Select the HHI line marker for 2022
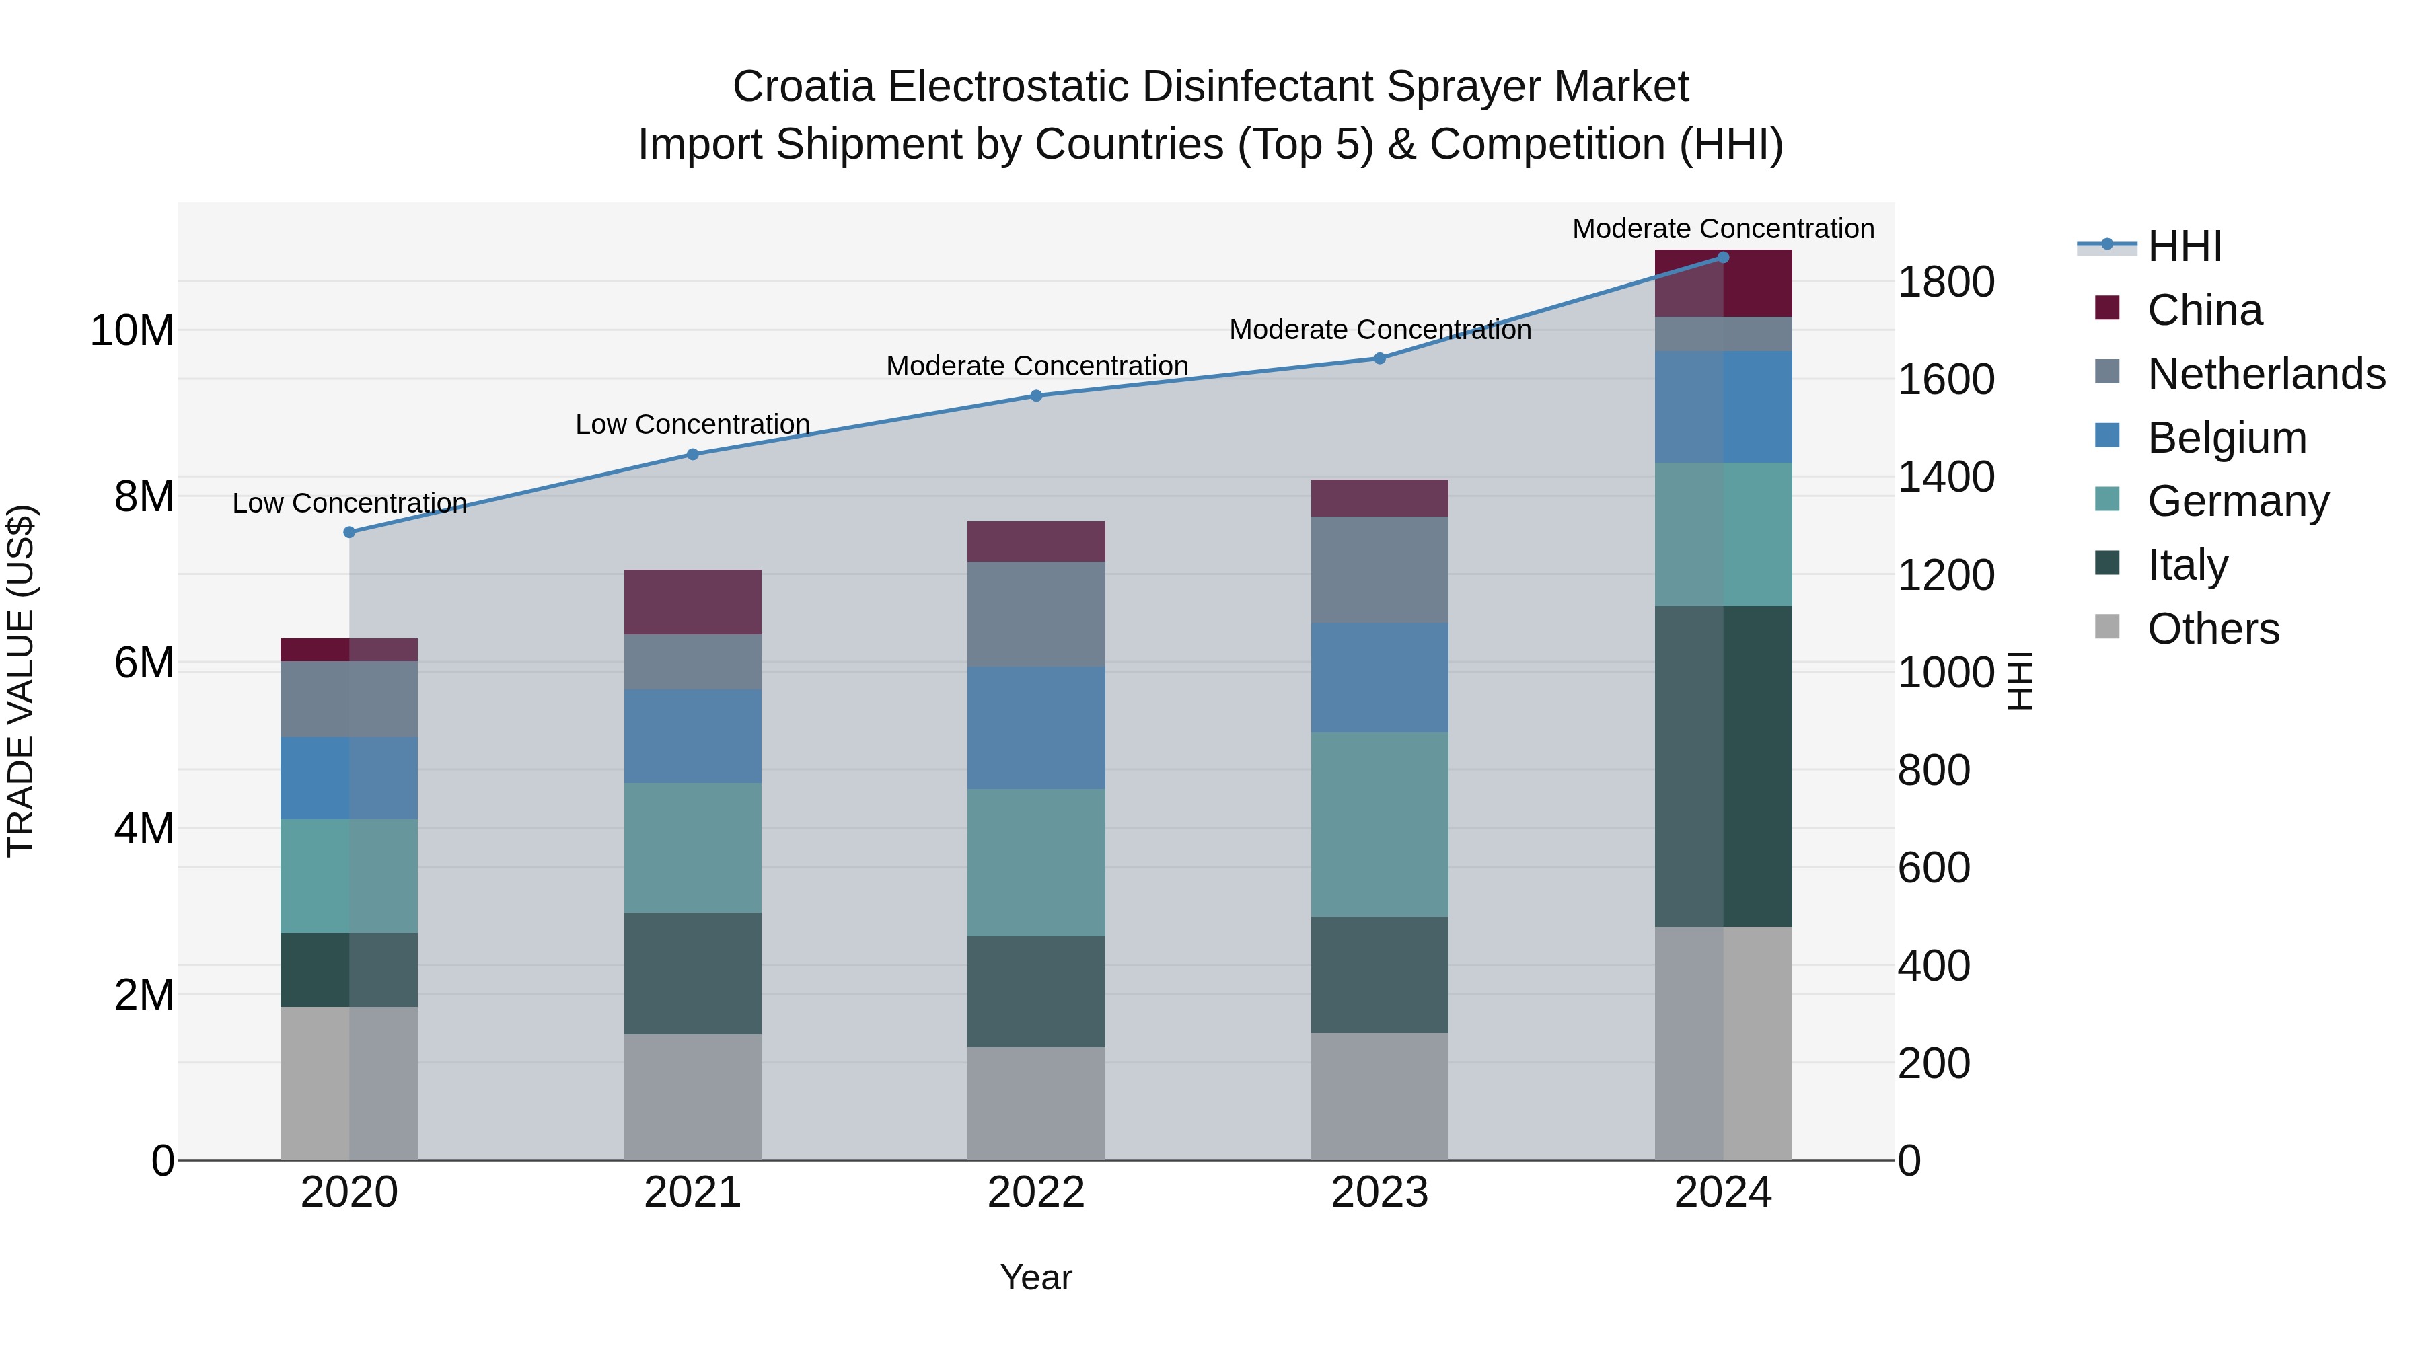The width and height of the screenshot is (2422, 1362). [1036, 395]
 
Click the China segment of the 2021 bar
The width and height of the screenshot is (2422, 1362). [692, 601]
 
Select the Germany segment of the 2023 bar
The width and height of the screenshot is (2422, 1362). [1379, 825]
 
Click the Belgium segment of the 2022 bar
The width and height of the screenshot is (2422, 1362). [1036, 728]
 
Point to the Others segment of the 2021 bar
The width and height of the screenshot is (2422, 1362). [692, 1097]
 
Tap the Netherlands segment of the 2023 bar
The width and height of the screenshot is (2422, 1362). [1379, 570]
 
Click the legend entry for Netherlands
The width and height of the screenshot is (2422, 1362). [2266, 374]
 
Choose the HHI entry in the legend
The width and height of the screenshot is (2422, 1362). [2184, 246]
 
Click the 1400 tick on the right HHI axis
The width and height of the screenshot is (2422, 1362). [1945, 477]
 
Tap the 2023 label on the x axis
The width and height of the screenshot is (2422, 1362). [1379, 1193]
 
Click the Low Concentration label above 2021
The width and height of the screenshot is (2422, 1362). [692, 425]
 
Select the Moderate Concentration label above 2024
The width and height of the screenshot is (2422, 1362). [1722, 229]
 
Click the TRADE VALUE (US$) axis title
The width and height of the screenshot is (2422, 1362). [21, 681]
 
